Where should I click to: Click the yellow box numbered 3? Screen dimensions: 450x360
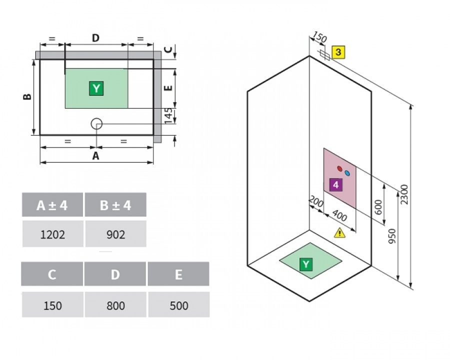[338, 52]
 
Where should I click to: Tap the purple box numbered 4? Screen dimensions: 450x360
[336, 184]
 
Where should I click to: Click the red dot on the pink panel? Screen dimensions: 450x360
[340, 168]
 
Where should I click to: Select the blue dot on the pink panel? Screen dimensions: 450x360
[347, 173]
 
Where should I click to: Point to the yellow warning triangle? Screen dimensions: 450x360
[340, 233]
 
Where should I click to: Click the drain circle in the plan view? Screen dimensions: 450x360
[96, 123]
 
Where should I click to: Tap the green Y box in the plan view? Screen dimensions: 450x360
[96, 88]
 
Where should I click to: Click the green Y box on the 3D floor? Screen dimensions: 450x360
[305, 264]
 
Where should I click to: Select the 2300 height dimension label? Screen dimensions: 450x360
[404, 194]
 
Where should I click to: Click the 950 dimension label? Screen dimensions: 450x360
[392, 236]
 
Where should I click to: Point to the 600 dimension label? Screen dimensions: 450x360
[379, 207]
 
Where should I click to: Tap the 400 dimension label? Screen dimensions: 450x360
[340, 215]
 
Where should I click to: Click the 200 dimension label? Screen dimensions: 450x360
[316, 202]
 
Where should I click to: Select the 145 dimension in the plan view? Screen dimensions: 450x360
[168, 115]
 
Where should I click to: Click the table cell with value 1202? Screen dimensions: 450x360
[53, 233]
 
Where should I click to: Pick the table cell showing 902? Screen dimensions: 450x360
[116, 233]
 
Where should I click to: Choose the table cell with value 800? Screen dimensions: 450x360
[115, 305]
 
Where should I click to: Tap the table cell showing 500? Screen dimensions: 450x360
[179, 305]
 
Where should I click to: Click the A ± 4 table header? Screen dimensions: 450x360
[52, 204]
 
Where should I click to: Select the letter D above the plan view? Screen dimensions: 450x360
[95, 37]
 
